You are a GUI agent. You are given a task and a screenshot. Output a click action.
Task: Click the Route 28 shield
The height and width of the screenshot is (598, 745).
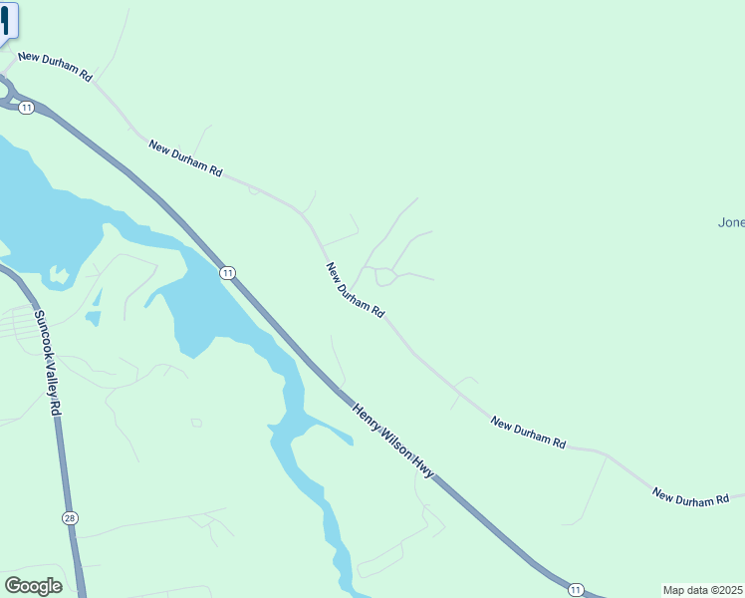(x=69, y=517)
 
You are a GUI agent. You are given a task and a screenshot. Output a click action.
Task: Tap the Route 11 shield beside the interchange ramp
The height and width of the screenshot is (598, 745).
(x=27, y=107)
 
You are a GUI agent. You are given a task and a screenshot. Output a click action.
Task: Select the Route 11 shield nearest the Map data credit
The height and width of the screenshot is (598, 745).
(x=576, y=589)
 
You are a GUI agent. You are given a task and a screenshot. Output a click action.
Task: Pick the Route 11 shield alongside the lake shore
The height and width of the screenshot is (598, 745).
(x=228, y=272)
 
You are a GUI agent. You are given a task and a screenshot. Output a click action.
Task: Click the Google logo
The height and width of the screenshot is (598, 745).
(x=33, y=586)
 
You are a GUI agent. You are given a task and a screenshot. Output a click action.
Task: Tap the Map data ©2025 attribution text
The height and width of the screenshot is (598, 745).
(x=703, y=590)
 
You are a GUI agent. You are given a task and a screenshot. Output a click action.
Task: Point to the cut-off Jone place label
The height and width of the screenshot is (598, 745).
(x=731, y=222)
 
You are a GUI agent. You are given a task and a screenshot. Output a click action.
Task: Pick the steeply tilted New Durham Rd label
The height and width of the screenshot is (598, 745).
(x=355, y=290)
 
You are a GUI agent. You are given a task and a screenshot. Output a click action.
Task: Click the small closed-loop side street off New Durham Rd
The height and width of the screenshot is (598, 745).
(x=386, y=277)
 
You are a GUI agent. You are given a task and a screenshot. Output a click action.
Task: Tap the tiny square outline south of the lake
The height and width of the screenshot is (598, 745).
(x=196, y=423)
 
